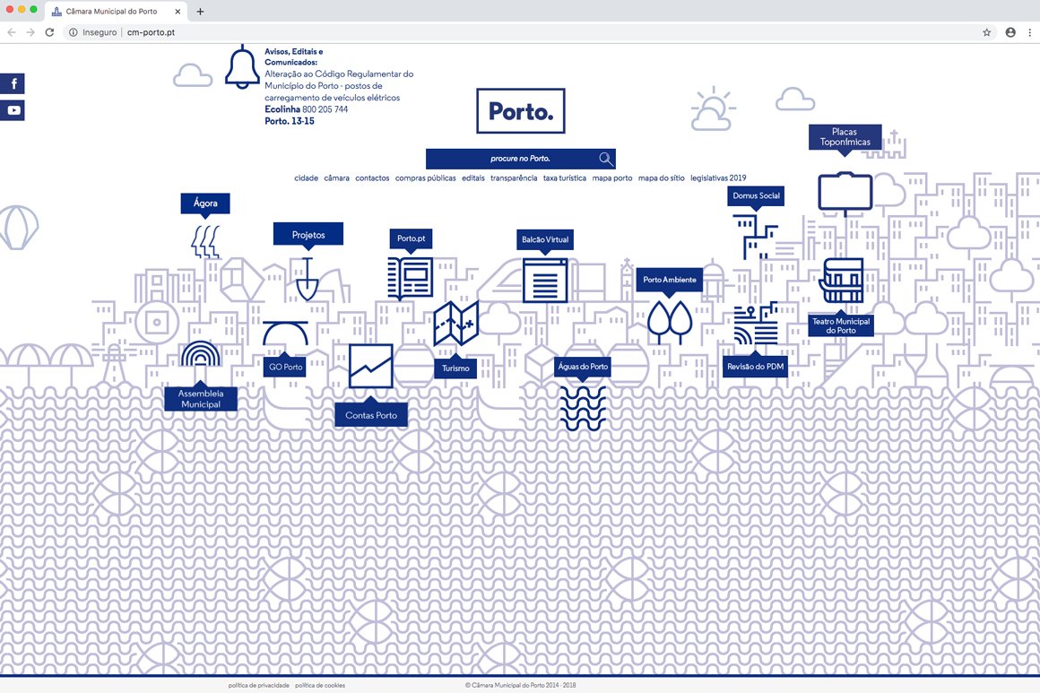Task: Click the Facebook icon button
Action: coord(13,84)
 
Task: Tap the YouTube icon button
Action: coord(13,110)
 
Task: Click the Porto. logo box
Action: coord(521,111)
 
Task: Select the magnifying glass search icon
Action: coord(606,159)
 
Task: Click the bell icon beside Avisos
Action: coord(242,67)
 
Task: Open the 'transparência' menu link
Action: coord(514,178)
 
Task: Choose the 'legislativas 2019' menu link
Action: coord(718,178)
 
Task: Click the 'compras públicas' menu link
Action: coord(425,178)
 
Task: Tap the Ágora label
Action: coord(205,204)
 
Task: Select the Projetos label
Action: coord(308,235)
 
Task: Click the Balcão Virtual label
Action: coord(546,240)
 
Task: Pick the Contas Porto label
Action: coord(371,415)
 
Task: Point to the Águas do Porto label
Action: coord(583,367)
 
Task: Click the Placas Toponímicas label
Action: coord(845,137)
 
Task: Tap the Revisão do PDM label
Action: coord(755,367)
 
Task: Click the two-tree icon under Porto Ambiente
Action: coord(670,321)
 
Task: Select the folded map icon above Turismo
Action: coord(456,324)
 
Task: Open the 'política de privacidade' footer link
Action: coord(259,685)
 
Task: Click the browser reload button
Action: coord(49,32)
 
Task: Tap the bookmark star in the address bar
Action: coord(987,32)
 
